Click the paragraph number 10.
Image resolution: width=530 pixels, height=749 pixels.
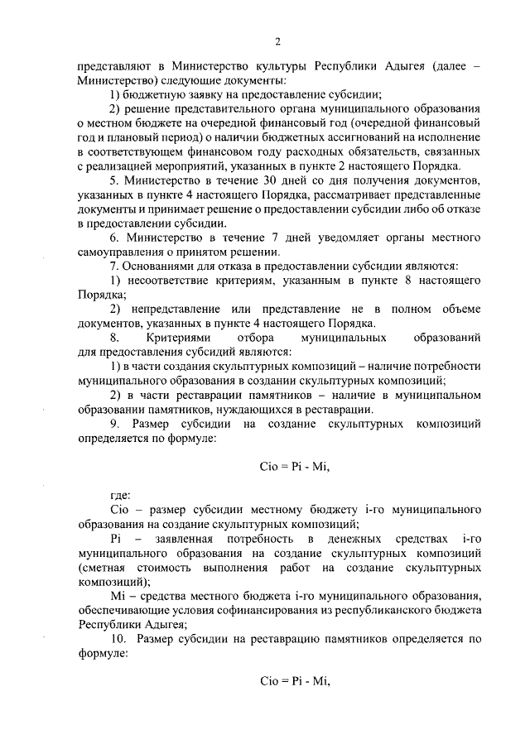click(x=118, y=640)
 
